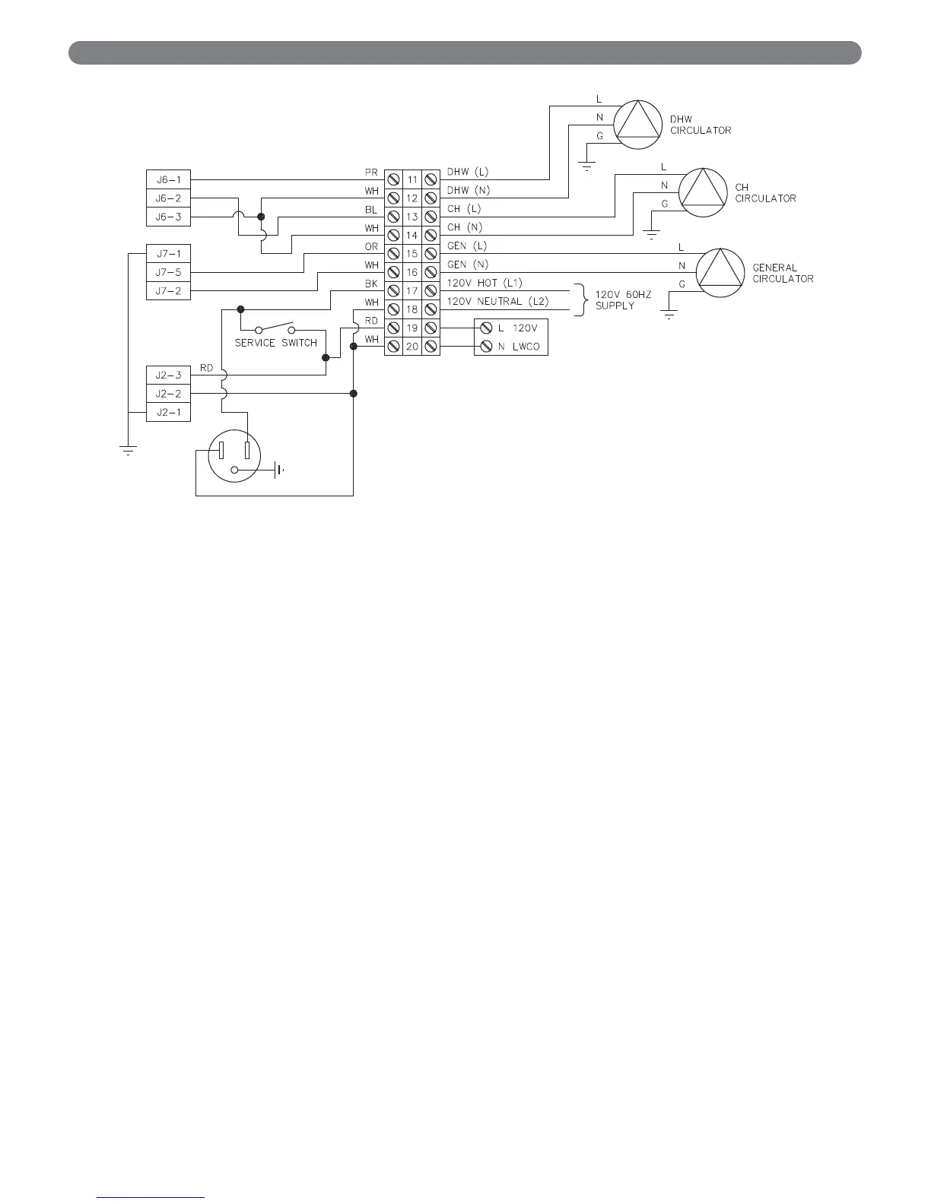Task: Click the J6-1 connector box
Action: [168, 180]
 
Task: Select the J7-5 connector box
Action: [168, 272]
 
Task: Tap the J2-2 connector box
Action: [168, 394]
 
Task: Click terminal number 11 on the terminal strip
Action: [412, 180]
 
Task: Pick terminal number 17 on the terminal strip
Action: [412, 291]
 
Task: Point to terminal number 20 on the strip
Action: [412, 347]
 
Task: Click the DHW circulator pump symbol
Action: [638, 124]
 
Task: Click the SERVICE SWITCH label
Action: [275, 343]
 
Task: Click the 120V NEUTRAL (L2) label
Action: [497, 302]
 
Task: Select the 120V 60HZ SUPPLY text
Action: [623, 299]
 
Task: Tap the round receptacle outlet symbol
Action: [234, 453]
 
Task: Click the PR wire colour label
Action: [371, 173]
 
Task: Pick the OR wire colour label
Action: [371, 246]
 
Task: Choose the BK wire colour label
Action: [371, 284]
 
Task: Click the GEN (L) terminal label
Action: [467, 246]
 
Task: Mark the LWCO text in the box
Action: [525, 347]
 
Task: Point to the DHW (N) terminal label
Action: [468, 190]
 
